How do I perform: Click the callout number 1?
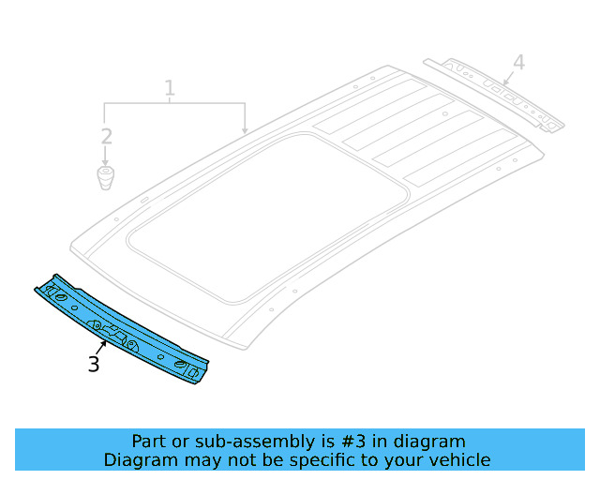(170, 89)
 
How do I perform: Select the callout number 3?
(94, 364)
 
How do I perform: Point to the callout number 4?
(518, 63)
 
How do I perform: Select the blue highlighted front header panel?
(122, 328)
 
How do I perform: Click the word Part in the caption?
(149, 442)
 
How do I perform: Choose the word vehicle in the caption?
(459, 460)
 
